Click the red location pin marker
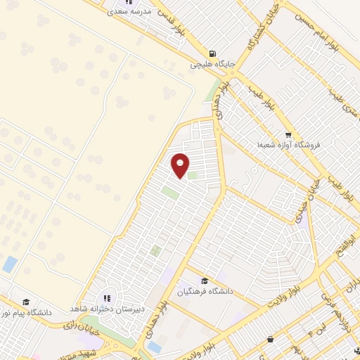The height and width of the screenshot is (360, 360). tap(181, 165)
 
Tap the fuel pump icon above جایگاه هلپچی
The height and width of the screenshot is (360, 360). tap(212, 53)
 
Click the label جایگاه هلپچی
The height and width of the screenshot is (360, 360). tap(211, 64)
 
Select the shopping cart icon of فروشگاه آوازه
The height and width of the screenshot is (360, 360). tap(288, 134)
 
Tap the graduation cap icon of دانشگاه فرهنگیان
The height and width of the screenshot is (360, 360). tap(205, 281)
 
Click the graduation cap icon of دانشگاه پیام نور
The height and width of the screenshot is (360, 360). tap(26, 300)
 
